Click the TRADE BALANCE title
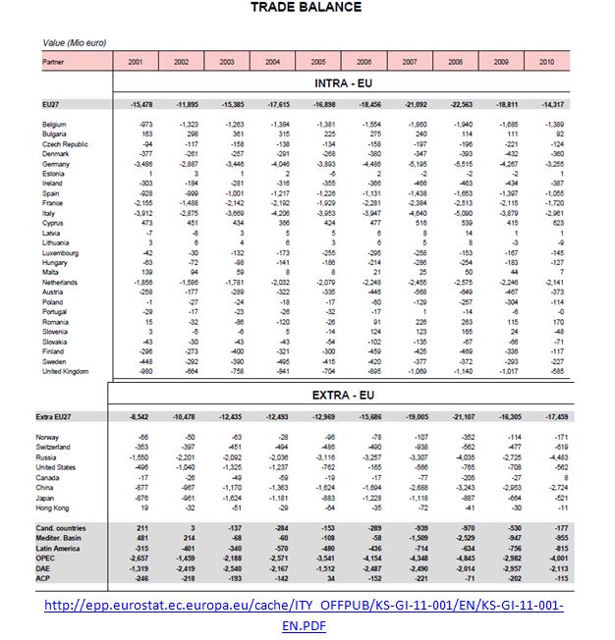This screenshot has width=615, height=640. [306, 8]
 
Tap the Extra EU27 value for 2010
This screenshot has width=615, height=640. [560, 418]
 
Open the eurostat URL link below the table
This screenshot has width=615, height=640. [307, 614]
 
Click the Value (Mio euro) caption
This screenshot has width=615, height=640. [74, 43]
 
